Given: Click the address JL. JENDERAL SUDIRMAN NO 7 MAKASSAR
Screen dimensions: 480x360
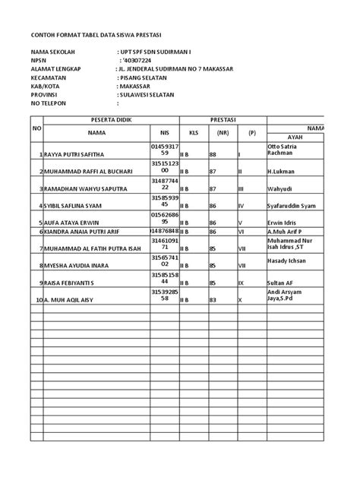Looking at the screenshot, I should click(x=175, y=70).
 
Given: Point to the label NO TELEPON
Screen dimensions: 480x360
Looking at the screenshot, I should click(x=53, y=103).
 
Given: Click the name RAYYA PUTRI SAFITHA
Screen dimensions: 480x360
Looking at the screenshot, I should click(x=77, y=154).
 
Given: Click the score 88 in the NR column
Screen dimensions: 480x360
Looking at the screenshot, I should click(x=213, y=154).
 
